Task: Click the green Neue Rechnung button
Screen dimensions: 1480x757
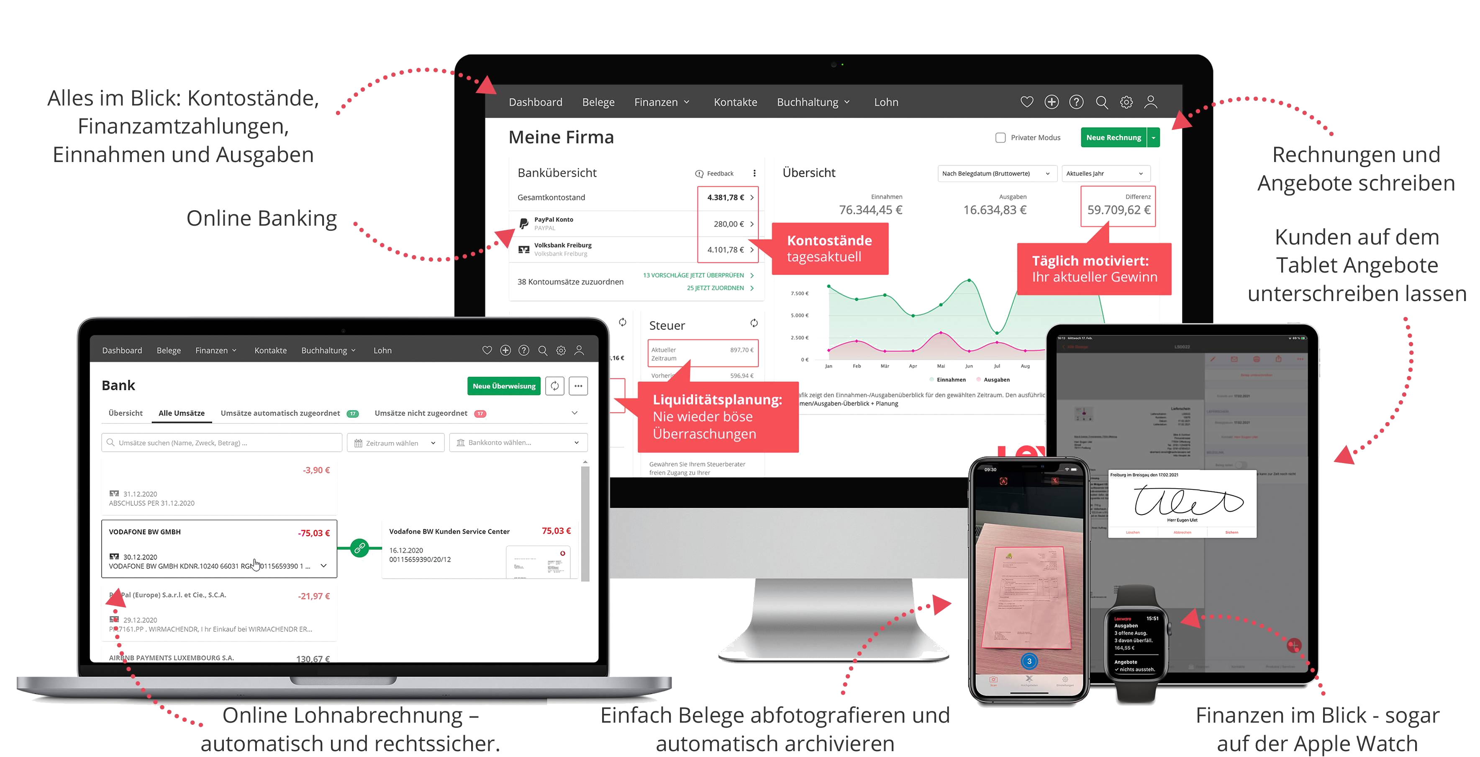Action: tap(1113, 138)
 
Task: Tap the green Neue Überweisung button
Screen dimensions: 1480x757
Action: tap(503, 386)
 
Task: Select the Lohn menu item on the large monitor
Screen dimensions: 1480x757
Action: tap(886, 102)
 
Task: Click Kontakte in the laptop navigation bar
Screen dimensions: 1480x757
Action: tap(270, 350)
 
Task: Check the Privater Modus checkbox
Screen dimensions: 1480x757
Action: tap(1000, 138)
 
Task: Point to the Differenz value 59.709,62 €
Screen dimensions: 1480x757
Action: tap(1118, 210)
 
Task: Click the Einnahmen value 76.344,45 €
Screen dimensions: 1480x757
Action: tap(870, 210)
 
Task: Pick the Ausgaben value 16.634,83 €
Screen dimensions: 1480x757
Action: tap(995, 210)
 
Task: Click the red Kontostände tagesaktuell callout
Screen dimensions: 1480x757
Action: tap(828, 249)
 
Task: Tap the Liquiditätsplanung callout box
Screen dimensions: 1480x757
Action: tap(717, 417)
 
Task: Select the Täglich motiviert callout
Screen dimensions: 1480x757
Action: tap(1094, 269)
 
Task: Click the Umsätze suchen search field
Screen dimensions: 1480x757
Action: tap(222, 443)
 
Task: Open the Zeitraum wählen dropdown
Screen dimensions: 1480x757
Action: tap(395, 443)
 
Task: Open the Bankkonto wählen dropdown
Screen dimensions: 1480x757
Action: tap(518, 443)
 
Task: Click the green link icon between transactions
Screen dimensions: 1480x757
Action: tap(359, 548)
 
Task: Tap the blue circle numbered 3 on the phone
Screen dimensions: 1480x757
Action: tap(1029, 661)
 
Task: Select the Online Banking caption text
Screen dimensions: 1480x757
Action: tap(262, 219)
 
